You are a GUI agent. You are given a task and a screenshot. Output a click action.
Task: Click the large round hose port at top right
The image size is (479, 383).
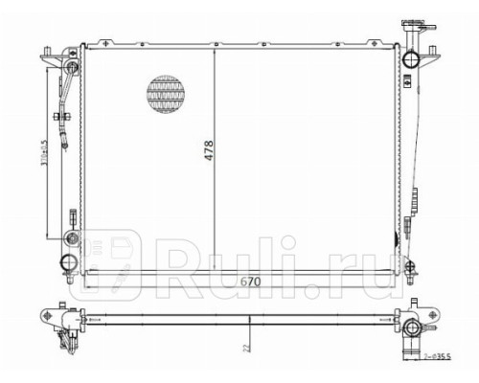point(412,60)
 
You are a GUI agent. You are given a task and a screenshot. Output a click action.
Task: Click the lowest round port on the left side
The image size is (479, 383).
point(66,262)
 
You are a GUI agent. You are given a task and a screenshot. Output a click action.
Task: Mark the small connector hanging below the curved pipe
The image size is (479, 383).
point(64,145)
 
